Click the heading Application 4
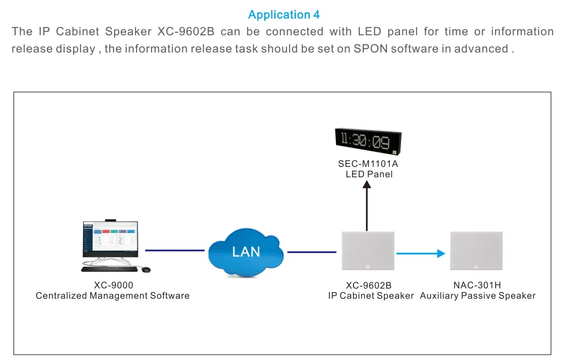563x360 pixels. pos(284,14)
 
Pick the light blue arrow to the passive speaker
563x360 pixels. pos(421,254)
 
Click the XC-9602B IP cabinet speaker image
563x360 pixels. pos(368,251)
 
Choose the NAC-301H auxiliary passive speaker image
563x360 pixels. pos(477,251)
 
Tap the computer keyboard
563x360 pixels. pos(109,269)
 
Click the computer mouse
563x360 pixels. pos(146,269)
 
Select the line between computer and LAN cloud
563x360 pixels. pos(175,250)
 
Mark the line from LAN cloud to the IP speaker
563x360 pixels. pos(312,252)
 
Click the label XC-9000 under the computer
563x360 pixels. pos(114,285)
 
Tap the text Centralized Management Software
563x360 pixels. pos(113,296)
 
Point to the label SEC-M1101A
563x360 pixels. pos(368,164)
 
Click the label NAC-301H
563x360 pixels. pos(477,285)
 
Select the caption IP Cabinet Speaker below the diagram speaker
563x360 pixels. pos(371,296)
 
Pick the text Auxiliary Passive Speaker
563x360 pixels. pos(478,296)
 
